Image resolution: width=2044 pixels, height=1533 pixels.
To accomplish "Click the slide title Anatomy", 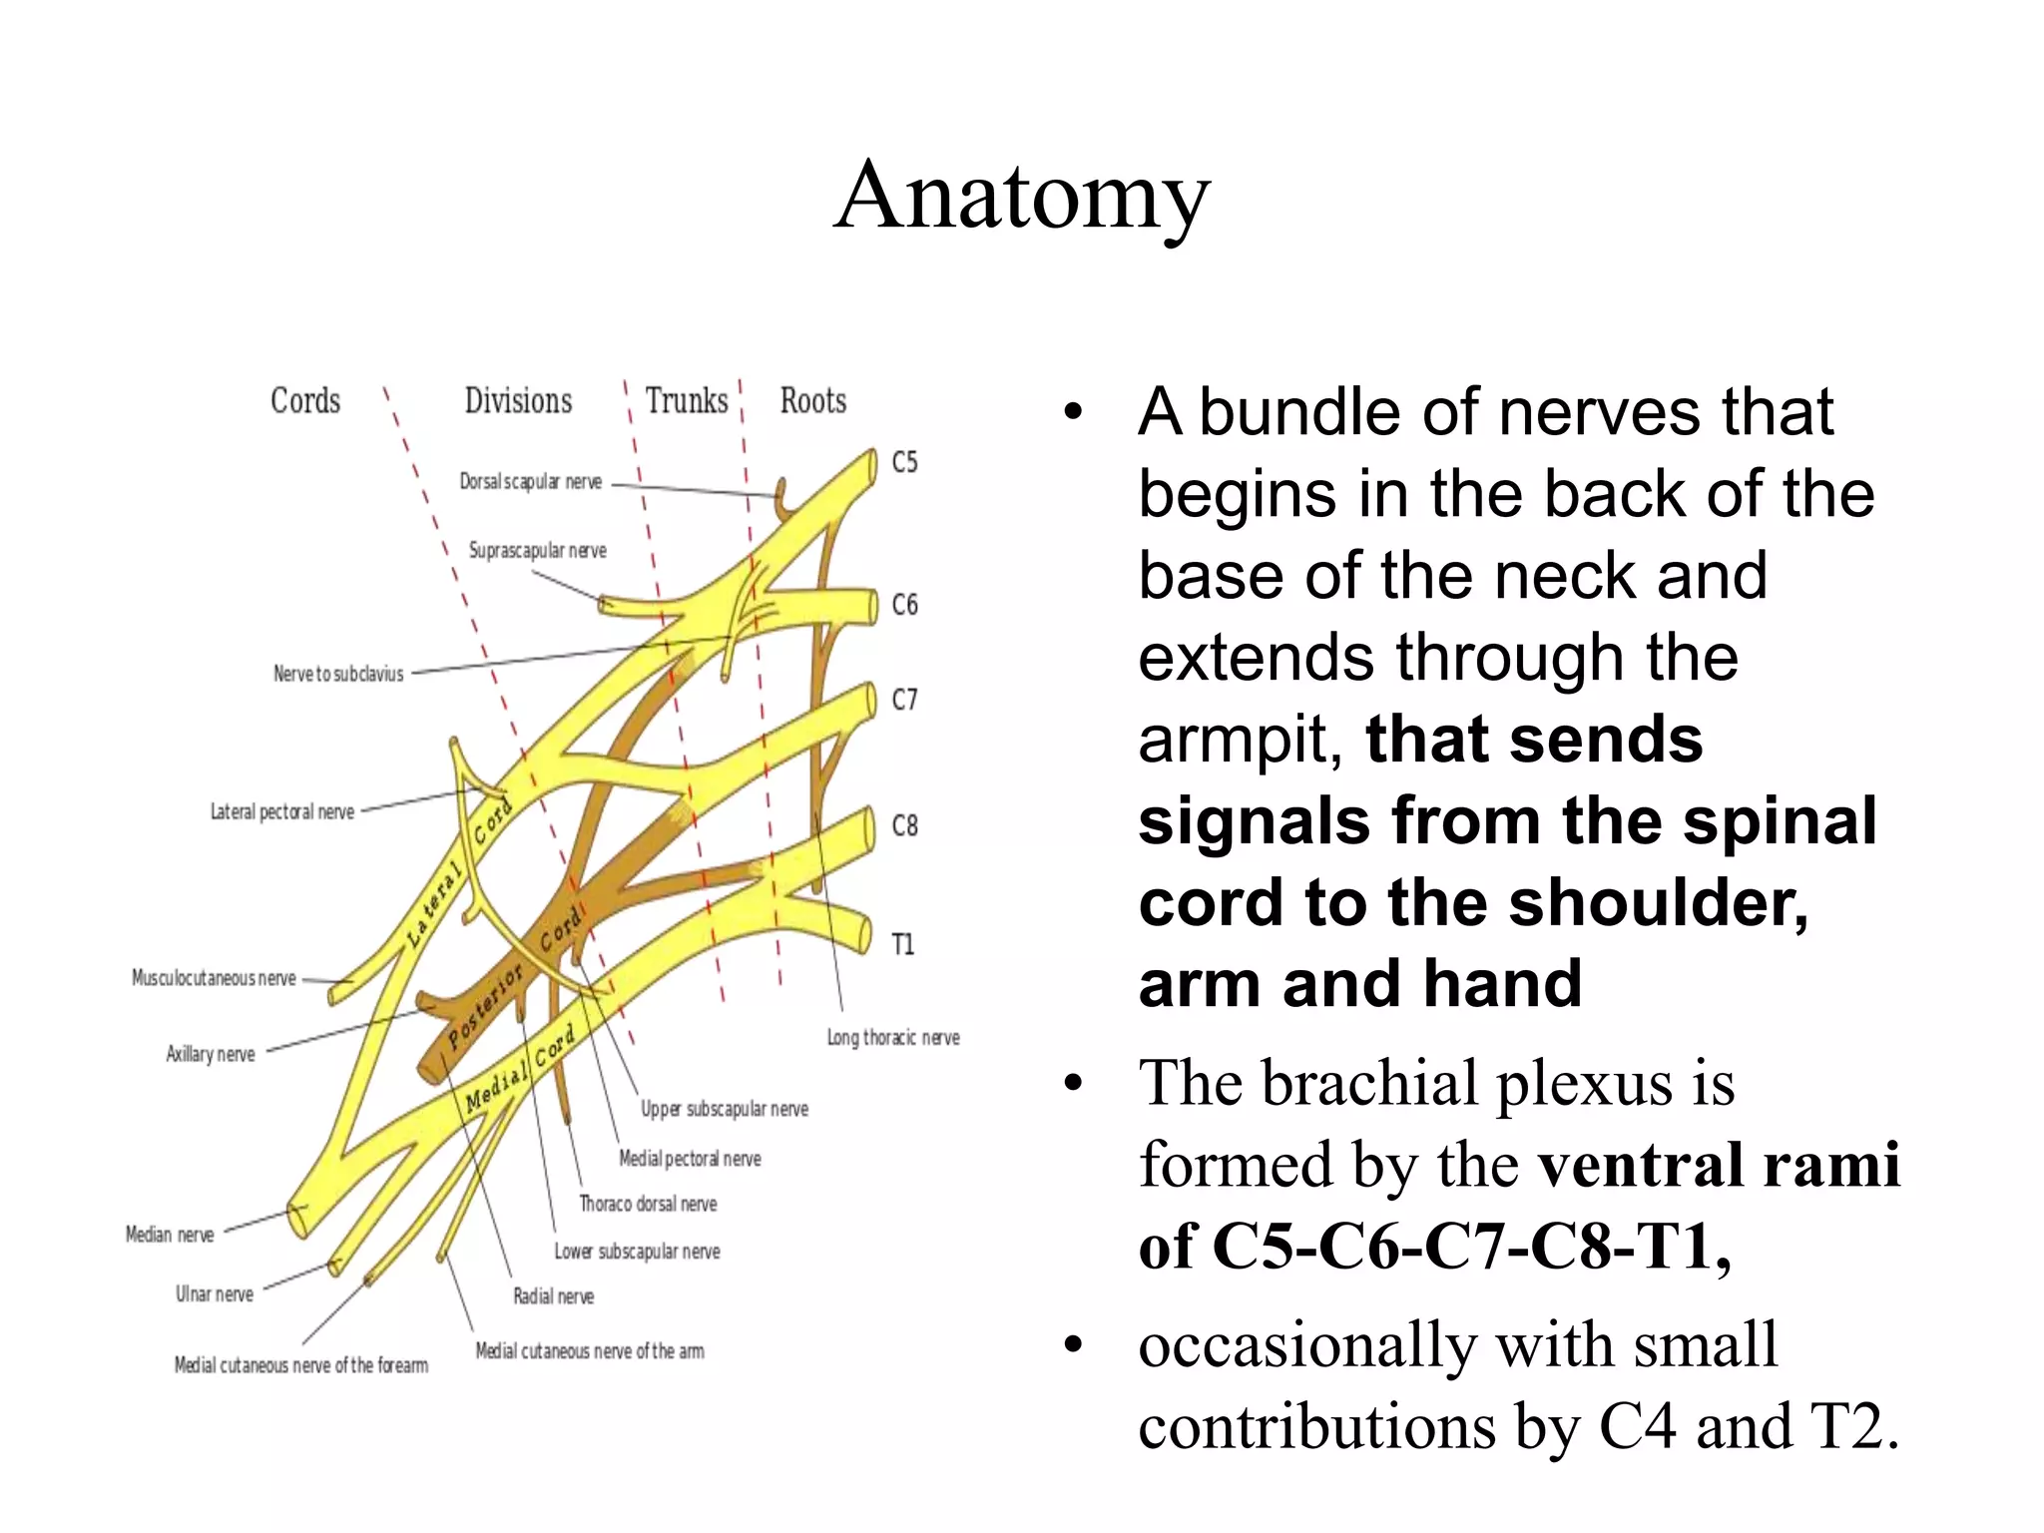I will [1022, 196].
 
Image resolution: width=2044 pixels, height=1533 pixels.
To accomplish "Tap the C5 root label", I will [904, 462].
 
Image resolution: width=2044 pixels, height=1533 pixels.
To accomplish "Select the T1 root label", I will [902, 944].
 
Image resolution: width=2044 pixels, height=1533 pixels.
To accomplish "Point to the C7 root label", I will [904, 700].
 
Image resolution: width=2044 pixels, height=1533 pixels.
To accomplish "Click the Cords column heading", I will [305, 401].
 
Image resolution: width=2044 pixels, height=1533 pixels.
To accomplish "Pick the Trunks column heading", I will [687, 401].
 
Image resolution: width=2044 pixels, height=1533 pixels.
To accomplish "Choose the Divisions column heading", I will [518, 401].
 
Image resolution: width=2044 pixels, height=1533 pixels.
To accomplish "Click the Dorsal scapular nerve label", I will [530, 482].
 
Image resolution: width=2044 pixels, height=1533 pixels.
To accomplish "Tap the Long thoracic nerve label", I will [892, 1038].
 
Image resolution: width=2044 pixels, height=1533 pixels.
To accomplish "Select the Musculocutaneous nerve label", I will [214, 978].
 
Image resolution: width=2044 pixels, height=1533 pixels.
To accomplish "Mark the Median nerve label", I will [170, 1235].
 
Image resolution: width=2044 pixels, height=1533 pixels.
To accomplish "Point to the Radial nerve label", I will [553, 1296].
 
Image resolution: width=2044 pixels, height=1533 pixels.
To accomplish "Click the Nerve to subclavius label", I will [338, 674].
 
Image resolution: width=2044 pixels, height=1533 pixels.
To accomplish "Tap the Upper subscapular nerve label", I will [724, 1109].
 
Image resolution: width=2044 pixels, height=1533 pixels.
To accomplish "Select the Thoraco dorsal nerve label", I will [648, 1204].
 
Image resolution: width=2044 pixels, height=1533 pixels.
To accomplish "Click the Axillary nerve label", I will [210, 1054].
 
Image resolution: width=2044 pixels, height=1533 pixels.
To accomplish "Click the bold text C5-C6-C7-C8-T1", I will [1471, 1248].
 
